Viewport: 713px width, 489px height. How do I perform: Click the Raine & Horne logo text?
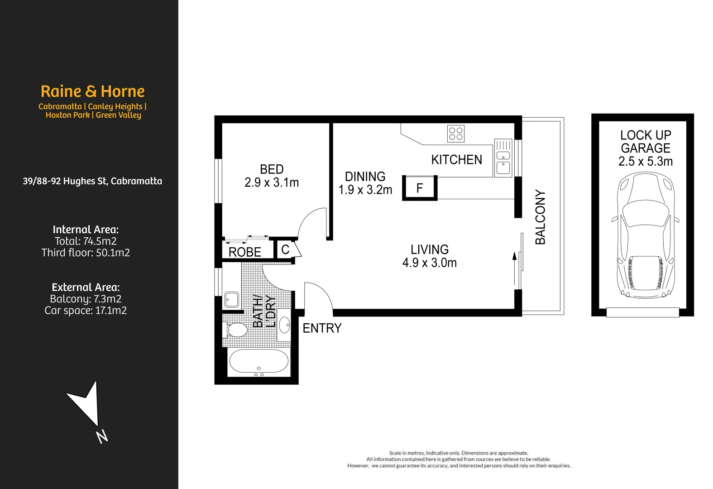[92, 91]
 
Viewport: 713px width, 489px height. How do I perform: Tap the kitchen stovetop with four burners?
[455, 134]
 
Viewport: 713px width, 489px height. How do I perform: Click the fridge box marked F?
[420, 188]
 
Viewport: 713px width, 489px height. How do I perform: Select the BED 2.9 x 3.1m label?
[272, 176]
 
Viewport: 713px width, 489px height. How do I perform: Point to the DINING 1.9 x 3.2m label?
[365, 183]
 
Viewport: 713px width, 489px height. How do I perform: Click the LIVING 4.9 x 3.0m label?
[429, 256]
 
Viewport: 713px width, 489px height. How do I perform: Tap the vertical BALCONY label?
[540, 217]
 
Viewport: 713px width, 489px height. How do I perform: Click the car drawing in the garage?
[645, 235]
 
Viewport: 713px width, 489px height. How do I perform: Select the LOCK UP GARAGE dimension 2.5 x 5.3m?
[645, 162]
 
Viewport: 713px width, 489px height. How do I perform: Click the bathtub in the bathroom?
[258, 361]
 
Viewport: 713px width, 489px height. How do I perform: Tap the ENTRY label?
[322, 328]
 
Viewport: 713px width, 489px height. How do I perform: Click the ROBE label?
[244, 252]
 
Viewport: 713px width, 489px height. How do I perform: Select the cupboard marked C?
[285, 249]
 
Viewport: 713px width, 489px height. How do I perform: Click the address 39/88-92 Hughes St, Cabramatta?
[92, 181]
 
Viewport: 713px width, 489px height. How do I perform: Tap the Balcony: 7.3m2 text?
[86, 299]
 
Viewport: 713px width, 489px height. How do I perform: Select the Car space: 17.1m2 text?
[86, 311]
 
